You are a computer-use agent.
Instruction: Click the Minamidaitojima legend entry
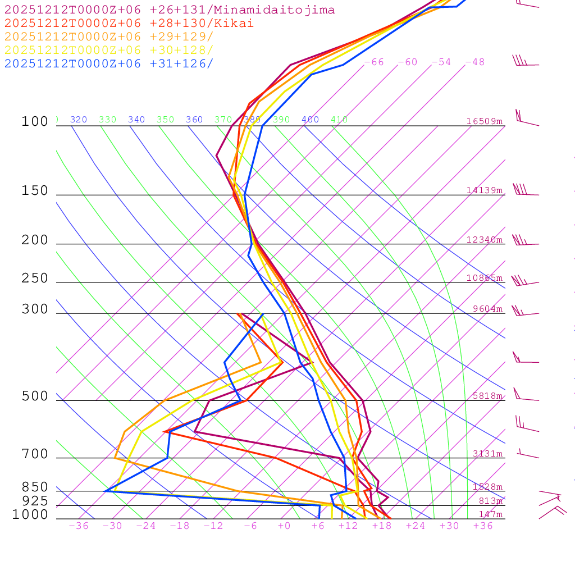170,10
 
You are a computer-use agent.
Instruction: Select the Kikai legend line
129,24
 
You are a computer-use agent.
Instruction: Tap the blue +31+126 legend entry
109,63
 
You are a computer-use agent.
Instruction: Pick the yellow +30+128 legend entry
109,50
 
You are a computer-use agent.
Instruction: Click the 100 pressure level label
35,121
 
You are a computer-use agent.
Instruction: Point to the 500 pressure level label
35,396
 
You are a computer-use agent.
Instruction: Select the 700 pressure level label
35,454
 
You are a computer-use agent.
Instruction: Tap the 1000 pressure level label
30,514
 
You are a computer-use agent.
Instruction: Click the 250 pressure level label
35,278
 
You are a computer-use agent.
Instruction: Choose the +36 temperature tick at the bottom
483,526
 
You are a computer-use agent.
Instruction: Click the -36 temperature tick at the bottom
79,526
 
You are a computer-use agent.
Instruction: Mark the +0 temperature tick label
284,526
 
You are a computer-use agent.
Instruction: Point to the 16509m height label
485,121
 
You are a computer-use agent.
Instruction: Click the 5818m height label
487,396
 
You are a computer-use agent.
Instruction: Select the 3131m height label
487,454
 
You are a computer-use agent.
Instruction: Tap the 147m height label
490,514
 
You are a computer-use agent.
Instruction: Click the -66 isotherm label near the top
374,62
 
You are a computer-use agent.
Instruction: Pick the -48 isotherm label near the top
474,62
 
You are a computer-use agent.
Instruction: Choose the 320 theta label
79,120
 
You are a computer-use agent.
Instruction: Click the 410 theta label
339,120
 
